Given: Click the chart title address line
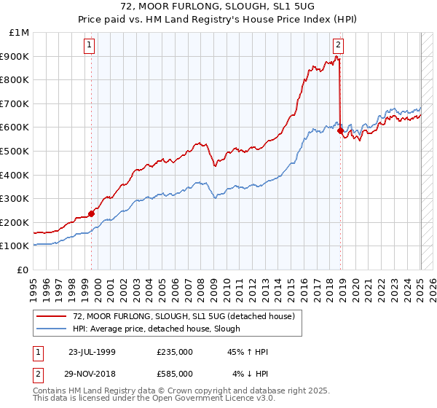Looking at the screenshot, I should [218, 6].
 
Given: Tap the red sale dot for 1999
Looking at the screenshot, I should [92, 213].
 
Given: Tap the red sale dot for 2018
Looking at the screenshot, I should [341, 130].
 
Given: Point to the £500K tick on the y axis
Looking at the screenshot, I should [15, 151].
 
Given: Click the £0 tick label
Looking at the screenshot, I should [23, 270].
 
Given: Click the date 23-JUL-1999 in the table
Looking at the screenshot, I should [92, 352].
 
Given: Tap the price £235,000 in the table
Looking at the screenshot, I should [175, 352].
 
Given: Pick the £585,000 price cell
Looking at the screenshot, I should [175, 374].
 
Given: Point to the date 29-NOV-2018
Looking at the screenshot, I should [92, 374].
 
